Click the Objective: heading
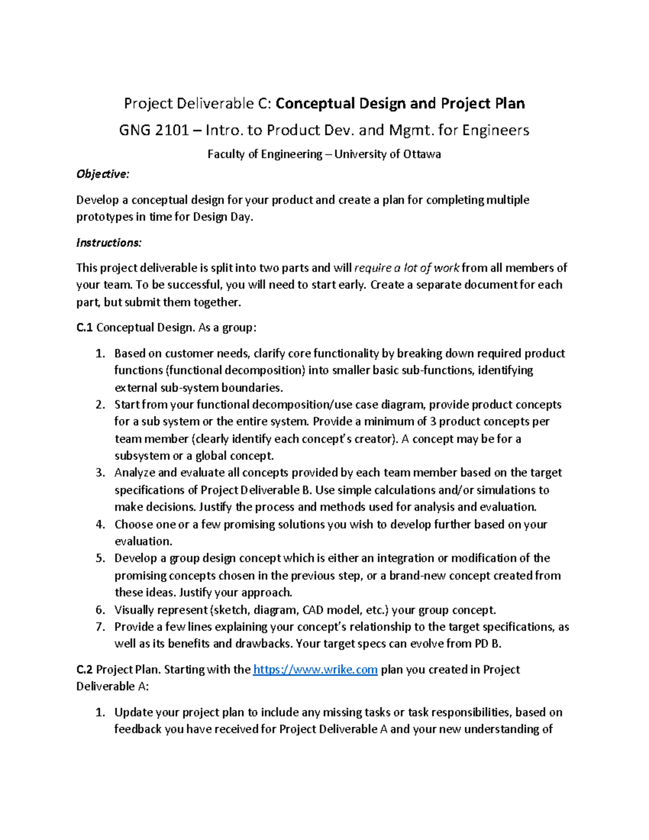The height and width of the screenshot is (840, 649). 103,174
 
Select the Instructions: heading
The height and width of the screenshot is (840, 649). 109,243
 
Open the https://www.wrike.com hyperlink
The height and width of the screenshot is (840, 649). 315,670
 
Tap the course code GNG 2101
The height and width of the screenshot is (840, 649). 154,130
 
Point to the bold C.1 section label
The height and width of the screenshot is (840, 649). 85,328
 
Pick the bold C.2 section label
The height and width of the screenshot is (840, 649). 85,670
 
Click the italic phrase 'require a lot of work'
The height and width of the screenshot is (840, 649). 407,268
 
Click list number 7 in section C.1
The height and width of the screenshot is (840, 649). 100,627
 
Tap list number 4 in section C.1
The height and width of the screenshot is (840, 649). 100,525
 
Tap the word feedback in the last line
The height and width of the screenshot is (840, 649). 138,730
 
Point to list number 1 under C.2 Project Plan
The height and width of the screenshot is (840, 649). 100,712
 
